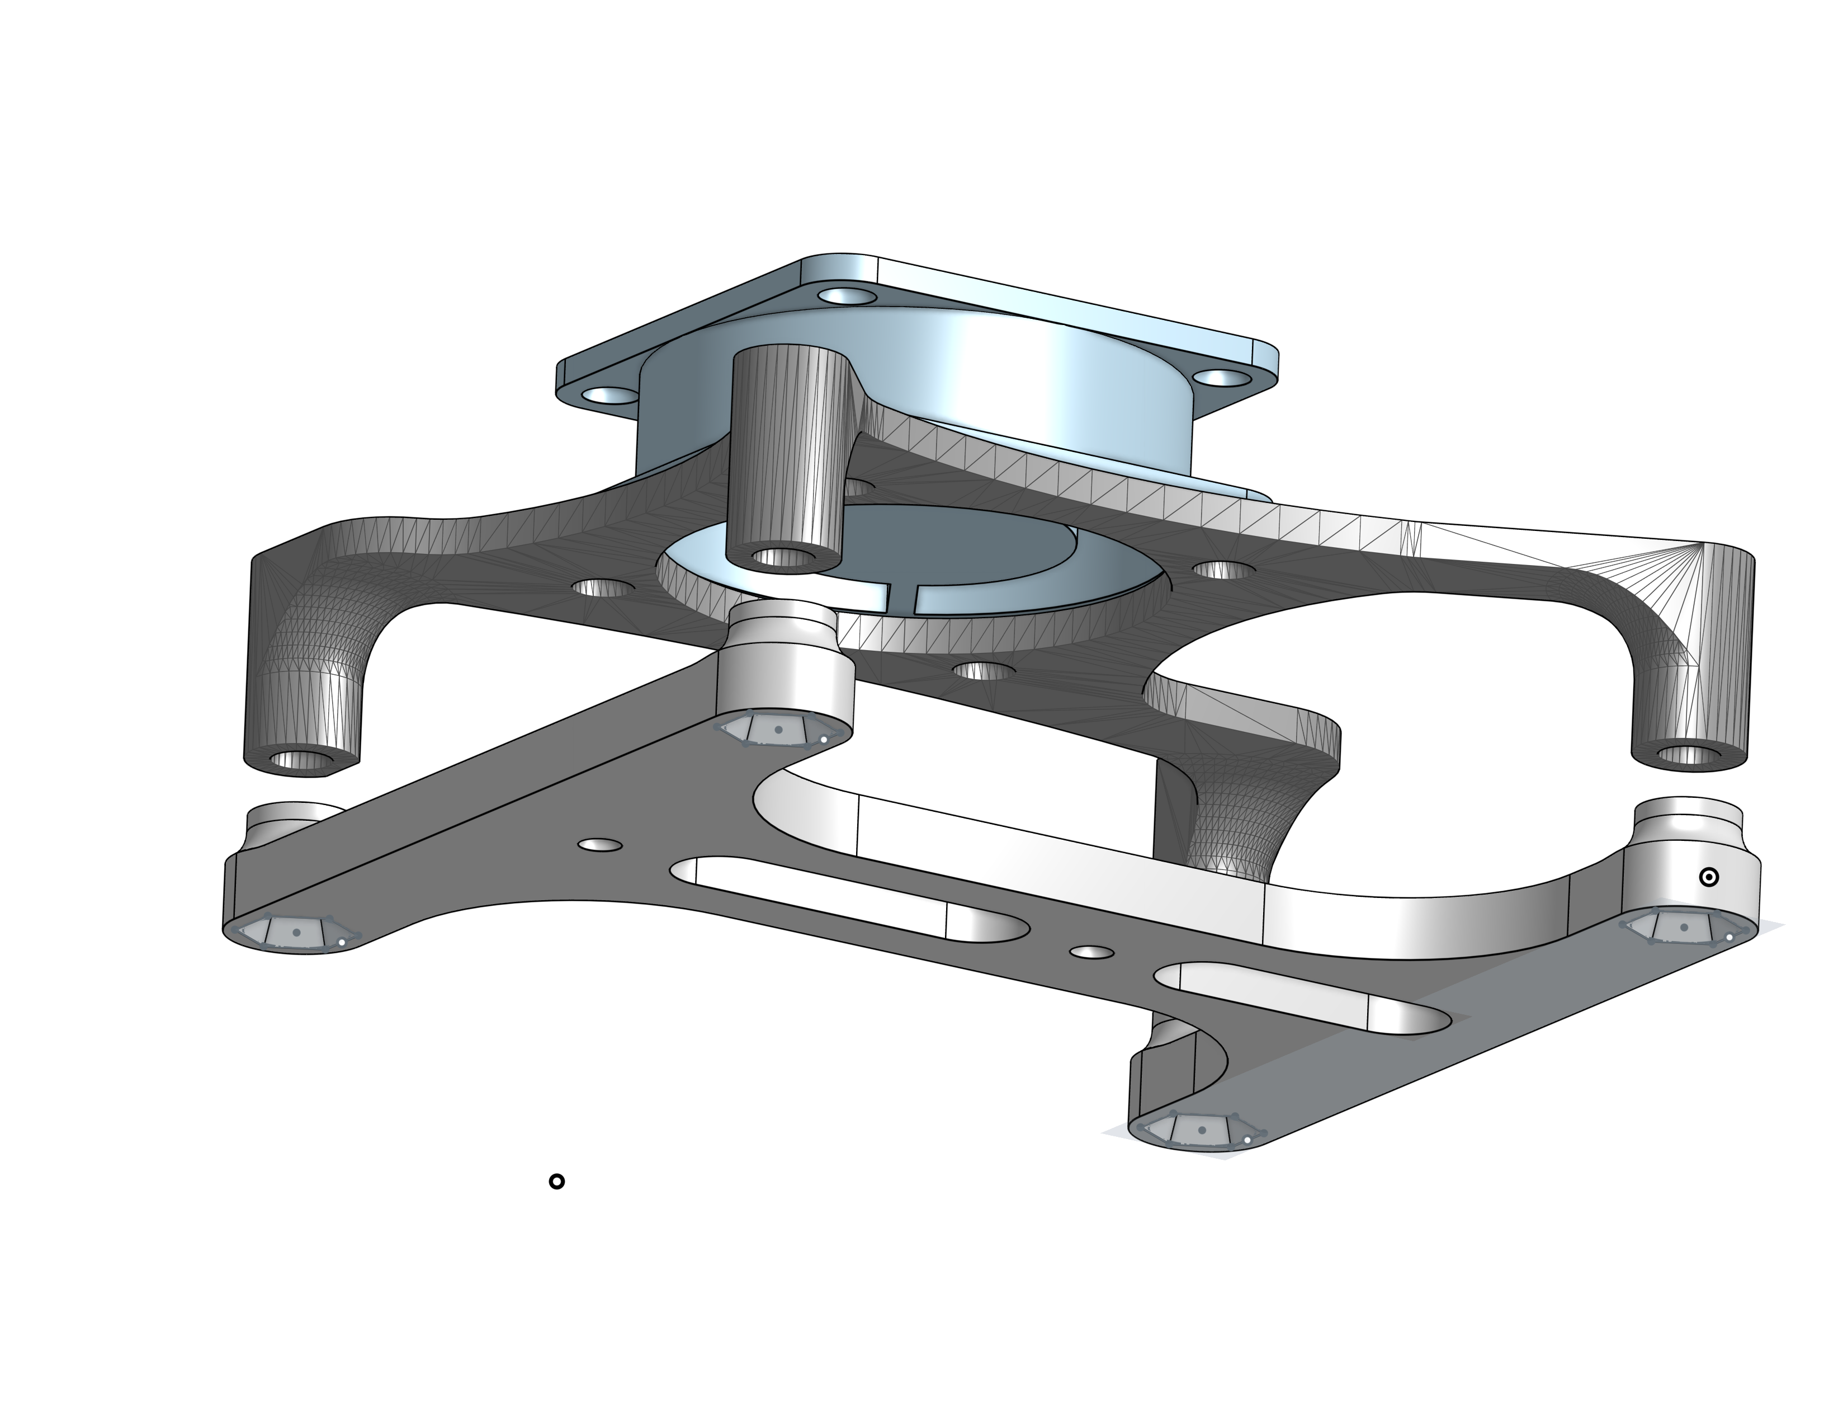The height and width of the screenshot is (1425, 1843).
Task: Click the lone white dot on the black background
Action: [x=556, y=1181]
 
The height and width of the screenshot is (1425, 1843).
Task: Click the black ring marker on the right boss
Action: [x=1708, y=877]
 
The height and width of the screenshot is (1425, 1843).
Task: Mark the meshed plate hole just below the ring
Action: [x=985, y=671]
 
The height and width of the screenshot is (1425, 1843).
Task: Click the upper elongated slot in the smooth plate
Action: [x=852, y=896]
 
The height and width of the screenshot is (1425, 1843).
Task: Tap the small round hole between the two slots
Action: [x=1092, y=952]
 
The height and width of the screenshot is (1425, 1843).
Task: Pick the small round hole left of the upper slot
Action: [x=600, y=845]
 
